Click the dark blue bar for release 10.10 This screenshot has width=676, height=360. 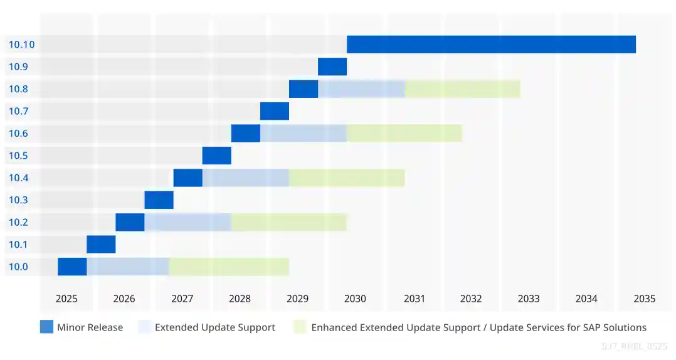click(x=491, y=45)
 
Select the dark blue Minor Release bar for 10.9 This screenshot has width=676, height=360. click(x=332, y=66)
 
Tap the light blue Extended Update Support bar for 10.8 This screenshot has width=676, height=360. click(x=361, y=89)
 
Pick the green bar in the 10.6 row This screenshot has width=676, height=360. click(x=404, y=133)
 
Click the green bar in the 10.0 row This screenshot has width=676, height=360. click(x=229, y=267)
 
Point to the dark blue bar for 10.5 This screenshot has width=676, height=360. click(x=217, y=156)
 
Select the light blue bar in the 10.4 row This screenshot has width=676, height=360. click(x=246, y=177)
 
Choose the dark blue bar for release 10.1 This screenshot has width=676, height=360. click(x=101, y=244)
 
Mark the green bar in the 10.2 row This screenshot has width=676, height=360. click(x=289, y=222)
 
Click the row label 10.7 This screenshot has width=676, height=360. click(x=18, y=111)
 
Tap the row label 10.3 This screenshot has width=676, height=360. click(x=18, y=200)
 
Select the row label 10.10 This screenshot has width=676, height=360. click(x=21, y=45)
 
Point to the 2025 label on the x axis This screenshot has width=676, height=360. click(x=66, y=299)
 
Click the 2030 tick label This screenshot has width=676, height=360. click(x=355, y=299)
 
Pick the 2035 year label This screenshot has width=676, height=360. click(x=644, y=299)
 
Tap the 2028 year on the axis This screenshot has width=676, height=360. click(x=240, y=299)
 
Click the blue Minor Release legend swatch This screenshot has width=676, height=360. click(x=46, y=327)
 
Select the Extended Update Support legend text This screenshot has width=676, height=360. click(x=215, y=327)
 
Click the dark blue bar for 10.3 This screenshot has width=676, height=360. click(x=159, y=200)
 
